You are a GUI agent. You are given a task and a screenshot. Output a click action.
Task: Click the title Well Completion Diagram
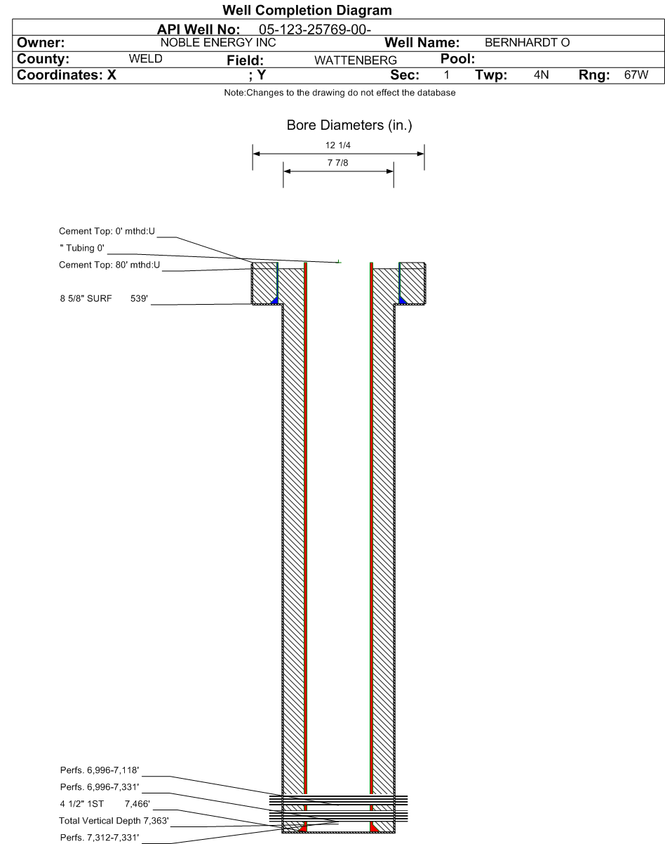307,11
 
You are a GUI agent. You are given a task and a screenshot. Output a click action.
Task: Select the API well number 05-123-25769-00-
315,29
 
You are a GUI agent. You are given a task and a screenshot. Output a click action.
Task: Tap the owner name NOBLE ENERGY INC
218,42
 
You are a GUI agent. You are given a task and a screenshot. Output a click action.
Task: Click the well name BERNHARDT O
527,42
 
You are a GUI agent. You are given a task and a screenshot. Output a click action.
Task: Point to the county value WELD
145,59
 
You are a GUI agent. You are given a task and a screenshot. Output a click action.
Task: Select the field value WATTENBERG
356,60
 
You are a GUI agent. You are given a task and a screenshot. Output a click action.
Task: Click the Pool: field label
457,59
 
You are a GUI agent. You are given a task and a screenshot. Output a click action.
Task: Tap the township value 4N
541,74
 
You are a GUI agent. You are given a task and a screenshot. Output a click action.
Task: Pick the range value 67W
636,74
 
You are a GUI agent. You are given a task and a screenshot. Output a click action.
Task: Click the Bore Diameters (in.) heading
349,125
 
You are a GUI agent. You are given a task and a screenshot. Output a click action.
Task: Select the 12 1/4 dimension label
338,145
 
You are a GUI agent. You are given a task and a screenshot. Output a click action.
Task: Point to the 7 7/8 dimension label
338,162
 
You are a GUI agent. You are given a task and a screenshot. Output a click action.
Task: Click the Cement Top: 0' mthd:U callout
107,231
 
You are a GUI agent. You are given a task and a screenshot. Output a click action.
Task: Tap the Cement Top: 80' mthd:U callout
109,265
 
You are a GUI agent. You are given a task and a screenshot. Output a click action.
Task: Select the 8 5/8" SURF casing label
86,298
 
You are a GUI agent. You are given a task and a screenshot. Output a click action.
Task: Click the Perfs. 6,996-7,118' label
100,770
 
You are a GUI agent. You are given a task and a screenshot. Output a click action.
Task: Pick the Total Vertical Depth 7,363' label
114,820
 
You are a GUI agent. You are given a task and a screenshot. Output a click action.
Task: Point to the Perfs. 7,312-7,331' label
100,838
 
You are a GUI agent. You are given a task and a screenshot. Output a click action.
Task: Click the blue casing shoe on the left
275,301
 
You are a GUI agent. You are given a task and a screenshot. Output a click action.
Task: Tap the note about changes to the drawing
340,93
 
